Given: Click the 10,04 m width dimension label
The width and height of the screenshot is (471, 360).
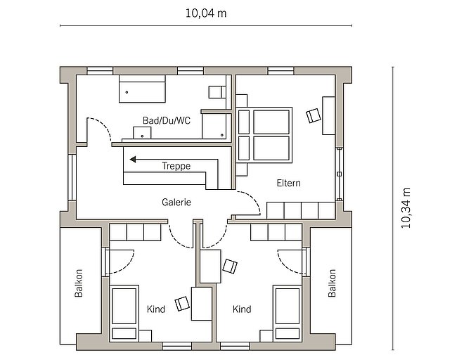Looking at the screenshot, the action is click(206, 13).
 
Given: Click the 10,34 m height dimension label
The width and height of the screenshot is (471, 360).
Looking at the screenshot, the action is click(406, 208).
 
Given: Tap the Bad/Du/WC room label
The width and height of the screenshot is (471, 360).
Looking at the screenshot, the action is click(167, 121).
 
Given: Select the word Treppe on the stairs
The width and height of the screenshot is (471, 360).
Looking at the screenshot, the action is click(176, 166).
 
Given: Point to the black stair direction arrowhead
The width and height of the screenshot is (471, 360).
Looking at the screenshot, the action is click(132, 160).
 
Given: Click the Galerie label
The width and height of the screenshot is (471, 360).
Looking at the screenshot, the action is click(176, 202).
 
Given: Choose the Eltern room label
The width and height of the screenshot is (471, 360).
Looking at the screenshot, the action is click(288, 183).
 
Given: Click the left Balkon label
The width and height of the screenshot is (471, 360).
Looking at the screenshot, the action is click(79, 283).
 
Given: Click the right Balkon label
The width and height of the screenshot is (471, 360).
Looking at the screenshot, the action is click(332, 283).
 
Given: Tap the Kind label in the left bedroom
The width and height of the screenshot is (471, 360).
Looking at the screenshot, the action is click(156, 309).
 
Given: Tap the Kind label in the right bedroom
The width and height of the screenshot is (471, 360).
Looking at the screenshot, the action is click(242, 309).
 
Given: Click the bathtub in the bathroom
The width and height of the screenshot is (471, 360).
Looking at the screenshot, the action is click(143, 89).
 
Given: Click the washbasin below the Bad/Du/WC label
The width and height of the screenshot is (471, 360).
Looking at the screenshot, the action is click(142, 133).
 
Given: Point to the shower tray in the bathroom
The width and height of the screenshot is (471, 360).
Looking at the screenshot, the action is click(214, 126).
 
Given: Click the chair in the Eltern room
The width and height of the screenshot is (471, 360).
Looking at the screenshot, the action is click(314, 115).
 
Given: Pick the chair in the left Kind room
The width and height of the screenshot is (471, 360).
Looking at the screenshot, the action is click(182, 304).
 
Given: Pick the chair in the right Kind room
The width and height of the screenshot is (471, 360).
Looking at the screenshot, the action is click(230, 266).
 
